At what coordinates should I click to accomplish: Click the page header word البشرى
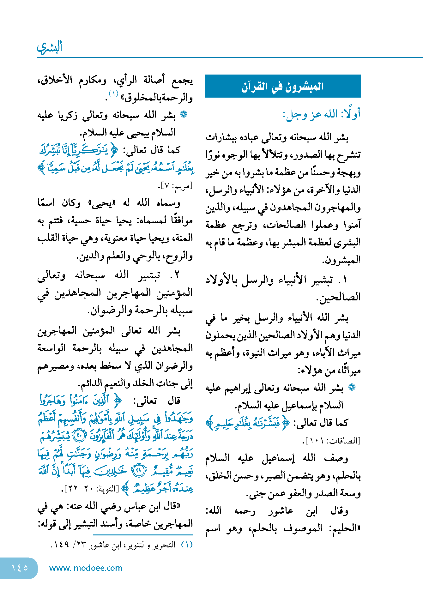pos(50,47)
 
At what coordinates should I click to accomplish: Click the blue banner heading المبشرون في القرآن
pos(283,86)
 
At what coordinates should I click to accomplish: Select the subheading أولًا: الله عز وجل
pos(322,114)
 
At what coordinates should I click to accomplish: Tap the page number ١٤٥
pos(19,568)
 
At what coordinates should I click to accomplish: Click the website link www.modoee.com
pos(86,568)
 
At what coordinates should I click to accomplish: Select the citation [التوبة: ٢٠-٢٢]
pos(91,489)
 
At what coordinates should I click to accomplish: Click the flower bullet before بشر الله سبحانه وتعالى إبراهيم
pos(351,388)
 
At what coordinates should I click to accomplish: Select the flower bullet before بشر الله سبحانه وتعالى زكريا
pos(184,115)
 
